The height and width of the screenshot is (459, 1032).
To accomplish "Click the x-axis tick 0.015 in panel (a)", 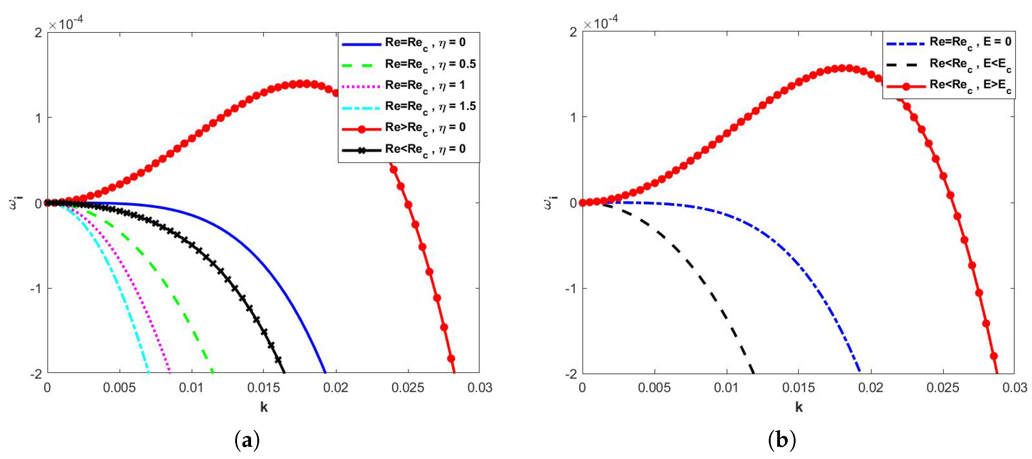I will point(263,388).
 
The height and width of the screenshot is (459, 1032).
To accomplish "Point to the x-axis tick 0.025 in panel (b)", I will point(943,388).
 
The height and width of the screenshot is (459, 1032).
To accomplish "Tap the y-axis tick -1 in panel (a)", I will point(37,288).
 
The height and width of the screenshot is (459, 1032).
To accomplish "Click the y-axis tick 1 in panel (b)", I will point(573,117).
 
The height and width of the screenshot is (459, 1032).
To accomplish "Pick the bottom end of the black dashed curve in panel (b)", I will point(753,373).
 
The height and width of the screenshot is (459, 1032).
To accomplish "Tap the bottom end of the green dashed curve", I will point(213,373).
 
